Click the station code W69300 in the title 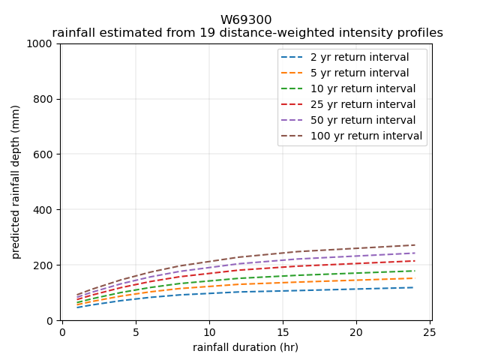246,20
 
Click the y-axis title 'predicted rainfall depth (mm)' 16,182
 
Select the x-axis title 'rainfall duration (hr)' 245,347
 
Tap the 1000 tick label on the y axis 41,43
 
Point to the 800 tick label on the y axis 44,99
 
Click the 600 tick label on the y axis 44,154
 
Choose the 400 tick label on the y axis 44,210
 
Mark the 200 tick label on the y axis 44,265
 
